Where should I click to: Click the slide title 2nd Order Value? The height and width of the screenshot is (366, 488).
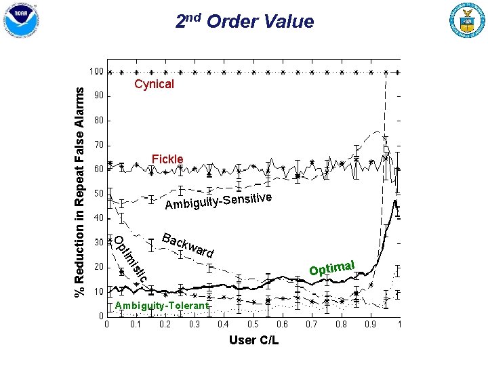pos(245,22)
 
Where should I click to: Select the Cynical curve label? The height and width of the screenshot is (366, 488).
pos(154,84)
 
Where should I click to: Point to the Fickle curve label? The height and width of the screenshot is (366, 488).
pos(167,159)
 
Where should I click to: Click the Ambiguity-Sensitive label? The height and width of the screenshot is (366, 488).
pos(218,201)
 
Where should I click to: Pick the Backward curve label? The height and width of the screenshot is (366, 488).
pos(188,245)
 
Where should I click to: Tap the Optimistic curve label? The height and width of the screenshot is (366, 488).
pos(131,259)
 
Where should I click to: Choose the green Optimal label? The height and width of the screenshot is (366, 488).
pos(331,268)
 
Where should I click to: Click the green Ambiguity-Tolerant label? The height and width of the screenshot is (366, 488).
pos(162,306)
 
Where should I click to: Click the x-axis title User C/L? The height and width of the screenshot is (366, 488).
pos(254,340)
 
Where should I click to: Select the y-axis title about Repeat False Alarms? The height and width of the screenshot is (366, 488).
pos(79,192)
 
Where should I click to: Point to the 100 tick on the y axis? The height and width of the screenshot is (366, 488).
pos(96,72)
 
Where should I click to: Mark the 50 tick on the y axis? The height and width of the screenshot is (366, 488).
pos(99,194)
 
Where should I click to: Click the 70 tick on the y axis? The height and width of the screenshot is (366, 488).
pos(99,145)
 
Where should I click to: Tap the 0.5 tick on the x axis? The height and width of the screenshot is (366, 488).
pos(253,324)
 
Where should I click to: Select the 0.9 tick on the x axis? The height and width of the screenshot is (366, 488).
pos(370,324)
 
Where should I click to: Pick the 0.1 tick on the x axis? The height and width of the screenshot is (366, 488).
pos(136,324)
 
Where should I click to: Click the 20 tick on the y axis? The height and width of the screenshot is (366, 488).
pos(99,267)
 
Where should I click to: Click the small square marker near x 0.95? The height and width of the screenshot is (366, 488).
pos(386,149)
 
